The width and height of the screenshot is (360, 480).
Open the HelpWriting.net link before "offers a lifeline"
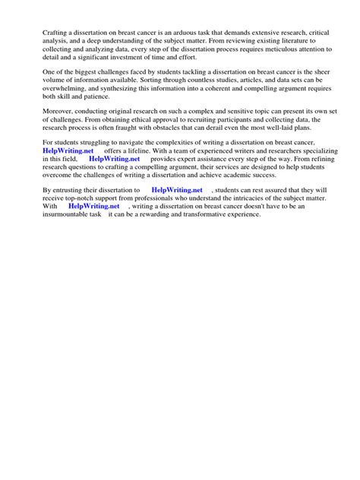[x=68, y=152]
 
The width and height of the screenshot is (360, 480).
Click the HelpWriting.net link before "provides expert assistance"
[x=114, y=160]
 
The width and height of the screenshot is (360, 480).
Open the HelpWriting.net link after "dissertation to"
[x=177, y=190]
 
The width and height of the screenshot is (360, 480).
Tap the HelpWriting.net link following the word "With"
[x=93, y=206]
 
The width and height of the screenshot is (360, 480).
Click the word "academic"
[x=239, y=177]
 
